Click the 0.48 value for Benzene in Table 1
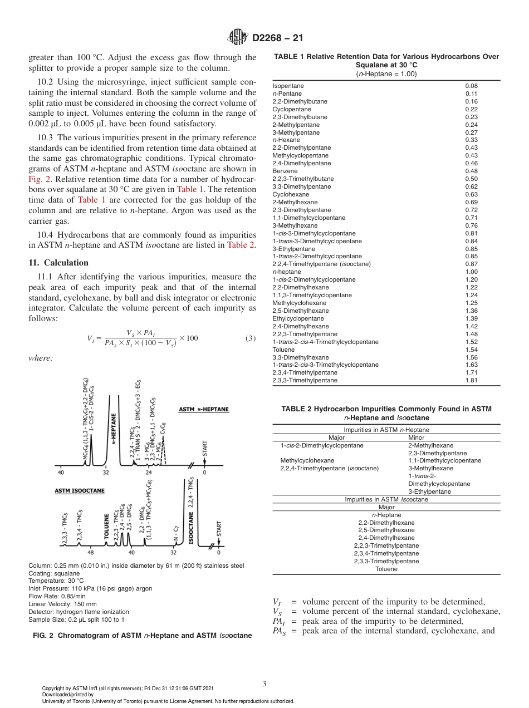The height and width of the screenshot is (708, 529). coord(471,171)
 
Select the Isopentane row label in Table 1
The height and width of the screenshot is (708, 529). coord(288,86)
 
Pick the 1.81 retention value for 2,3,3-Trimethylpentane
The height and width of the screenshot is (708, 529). coord(471,381)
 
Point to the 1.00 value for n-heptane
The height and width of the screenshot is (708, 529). coord(471,272)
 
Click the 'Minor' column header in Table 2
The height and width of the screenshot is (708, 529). coord(416,437)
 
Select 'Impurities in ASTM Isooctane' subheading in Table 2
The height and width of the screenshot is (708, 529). coord(386,499)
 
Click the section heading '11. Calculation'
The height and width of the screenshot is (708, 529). coord(58,263)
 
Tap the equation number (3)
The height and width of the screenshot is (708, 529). coord(250,338)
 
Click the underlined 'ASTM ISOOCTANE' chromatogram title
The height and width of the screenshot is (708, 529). coord(80,491)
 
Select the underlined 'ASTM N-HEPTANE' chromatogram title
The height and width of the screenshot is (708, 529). coord(204,410)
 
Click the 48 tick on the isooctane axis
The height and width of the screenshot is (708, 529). coord(91,553)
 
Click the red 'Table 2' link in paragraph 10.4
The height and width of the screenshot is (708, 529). coord(241,245)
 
